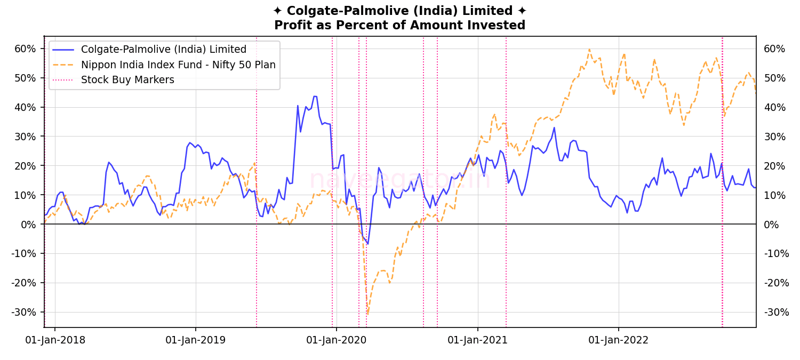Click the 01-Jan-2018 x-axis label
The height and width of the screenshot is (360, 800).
point(55,340)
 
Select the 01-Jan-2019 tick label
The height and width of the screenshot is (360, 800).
point(196,340)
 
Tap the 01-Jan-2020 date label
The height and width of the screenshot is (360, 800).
point(337,340)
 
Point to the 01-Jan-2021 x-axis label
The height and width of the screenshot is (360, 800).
point(478,340)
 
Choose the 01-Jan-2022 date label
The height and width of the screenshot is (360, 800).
point(619,340)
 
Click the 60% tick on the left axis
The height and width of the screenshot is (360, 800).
point(25,49)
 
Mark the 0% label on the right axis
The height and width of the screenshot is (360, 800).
point(771,225)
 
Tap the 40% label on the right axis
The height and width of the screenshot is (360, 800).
point(774,107)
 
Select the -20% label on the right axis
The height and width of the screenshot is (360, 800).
point(776,283)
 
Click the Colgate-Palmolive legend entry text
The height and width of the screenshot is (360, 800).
point(163,50)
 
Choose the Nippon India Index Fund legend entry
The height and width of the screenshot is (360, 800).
point(178,65)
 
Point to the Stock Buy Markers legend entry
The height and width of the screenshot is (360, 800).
point(127,80)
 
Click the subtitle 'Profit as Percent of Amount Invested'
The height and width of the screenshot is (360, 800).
point(399,25)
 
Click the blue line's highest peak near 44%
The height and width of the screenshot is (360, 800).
point(315,97)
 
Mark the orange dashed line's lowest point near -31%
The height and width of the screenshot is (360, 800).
point(367,314)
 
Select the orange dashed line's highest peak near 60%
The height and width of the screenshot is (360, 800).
point(589,50)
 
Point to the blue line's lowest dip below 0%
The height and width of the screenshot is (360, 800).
point(367,244)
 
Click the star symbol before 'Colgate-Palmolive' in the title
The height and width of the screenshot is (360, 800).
point(278,11)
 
